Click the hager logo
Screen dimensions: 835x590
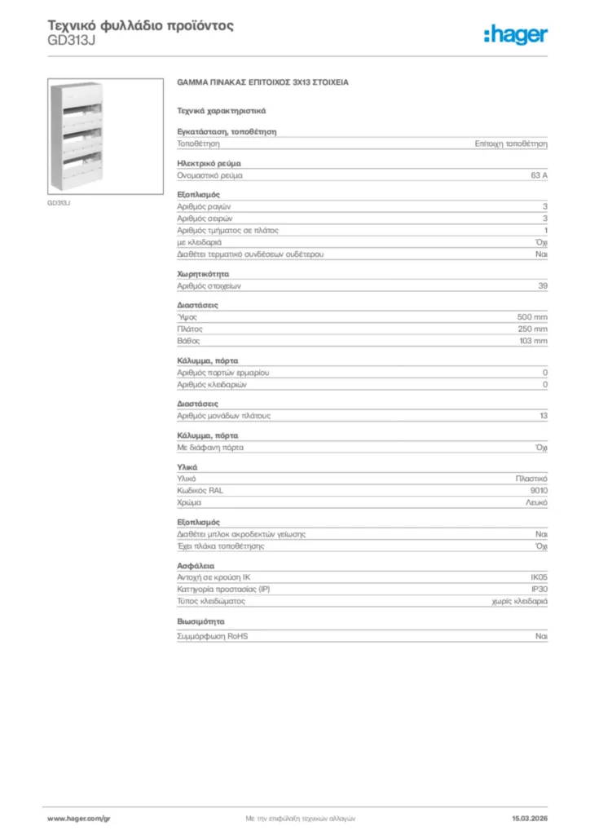coord(515,34)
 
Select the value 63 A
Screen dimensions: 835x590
coord(539,175)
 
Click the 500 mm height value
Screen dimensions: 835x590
coord(532,316)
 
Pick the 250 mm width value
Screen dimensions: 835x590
coord(532,329)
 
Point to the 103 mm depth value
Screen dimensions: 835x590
coord(533,341)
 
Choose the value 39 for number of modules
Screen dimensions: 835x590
coord(543,286)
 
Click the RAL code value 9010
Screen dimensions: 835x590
coord(539,491)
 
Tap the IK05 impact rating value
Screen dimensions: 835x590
coord(539,577)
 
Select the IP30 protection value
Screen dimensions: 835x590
coord(539,589)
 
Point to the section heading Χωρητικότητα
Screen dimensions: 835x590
coord(203,274)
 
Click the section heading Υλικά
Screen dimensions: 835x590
coord(187,466)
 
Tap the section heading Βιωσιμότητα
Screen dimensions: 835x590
coord(200,621)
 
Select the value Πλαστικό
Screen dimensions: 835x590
coord(531,479)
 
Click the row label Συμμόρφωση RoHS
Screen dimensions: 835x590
coord(213,636)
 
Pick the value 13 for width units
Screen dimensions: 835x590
coord(543,416)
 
